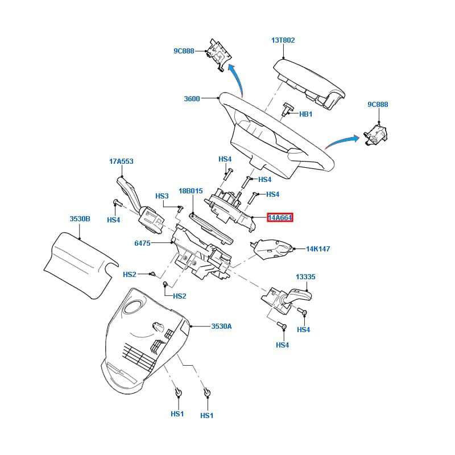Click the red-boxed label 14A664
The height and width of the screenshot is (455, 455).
pos(280,217)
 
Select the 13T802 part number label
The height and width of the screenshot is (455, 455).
pos(283,40)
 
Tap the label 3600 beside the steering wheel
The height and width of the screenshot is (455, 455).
pos(192,98)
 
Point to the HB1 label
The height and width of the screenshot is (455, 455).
pos(305,114)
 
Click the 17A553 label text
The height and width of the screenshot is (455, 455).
pos(121,162)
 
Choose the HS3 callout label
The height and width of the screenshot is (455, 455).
pos(162,196)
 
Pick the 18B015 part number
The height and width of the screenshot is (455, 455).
pos(191,191)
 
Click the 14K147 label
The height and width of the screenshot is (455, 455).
pos(318,249)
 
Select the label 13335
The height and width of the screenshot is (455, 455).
pos(305,277)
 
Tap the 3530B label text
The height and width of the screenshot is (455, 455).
pos(80,219)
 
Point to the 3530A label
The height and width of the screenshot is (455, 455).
pos(221,326)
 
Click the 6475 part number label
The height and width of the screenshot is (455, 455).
pos(142,243)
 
